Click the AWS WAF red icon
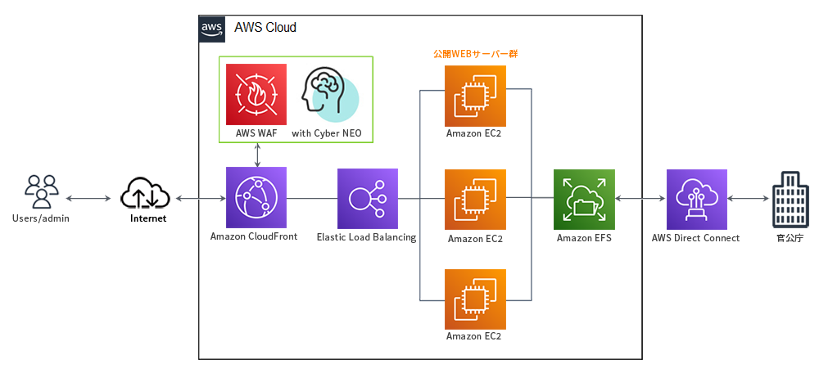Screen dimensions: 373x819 [x=256, y=94]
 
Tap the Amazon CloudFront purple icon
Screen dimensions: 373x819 [x=256, y=198]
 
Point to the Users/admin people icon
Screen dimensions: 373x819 [x=40, y=192]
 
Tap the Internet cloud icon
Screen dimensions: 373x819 [x=145, y=194]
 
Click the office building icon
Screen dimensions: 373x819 [x=790, y=200]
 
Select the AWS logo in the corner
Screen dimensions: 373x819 [x=213, y=29]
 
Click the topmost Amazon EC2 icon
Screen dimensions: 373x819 [x=475, y=96]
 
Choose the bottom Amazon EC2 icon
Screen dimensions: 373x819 [x=475, y=299]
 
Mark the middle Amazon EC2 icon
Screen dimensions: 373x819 [x=475, y=200]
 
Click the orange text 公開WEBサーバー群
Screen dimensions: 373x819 [x=475, y=54]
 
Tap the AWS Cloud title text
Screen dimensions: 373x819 [x=265, y=28]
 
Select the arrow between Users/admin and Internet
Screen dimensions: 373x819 [x=88, y=199]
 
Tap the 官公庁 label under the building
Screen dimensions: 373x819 [x=790, y=238]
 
